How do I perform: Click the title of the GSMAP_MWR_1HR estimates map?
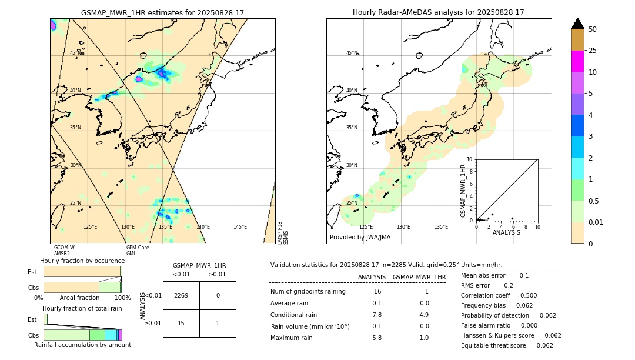[x=162, y=12]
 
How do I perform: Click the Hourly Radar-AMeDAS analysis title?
[x=439, y=12]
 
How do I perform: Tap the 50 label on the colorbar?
[x=593, y=29]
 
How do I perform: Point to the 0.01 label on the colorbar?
[x=596, y=222]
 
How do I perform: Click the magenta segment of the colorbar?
[x=577, y=61]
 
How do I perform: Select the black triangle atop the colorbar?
[x=577, y=24]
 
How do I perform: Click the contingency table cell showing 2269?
[x=181, y=295]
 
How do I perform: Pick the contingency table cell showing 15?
[x=181, y=323]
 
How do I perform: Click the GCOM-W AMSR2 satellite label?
[x=64, y=251]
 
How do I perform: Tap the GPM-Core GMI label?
[x=138, y=251]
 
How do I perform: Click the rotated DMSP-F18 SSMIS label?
[x=283, y=233]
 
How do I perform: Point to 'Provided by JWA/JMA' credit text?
[x=360, y=237]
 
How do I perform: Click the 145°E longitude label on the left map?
[x=240, y=227]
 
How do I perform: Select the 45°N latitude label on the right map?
[x=352, y=54]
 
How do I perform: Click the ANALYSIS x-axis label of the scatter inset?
[x=506, y=232]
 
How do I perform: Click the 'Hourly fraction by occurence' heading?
[x=82, y=261]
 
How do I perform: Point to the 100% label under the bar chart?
[x=122, y=298]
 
